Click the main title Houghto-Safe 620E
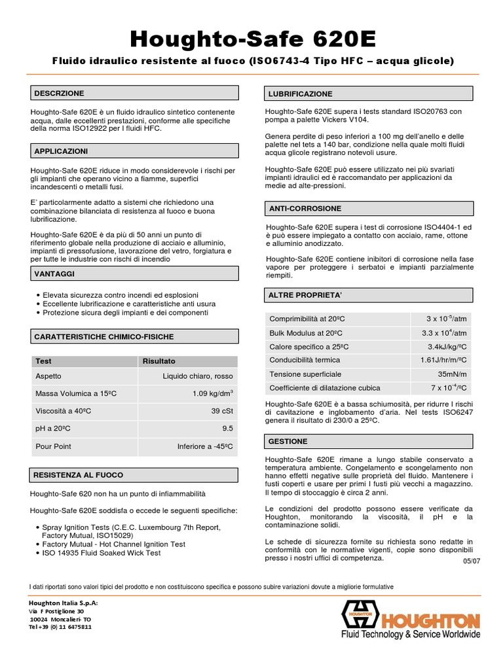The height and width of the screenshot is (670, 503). click(253, 39)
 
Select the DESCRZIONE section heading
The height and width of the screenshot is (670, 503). click(60, 94)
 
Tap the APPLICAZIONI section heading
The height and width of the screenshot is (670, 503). click(62, 151)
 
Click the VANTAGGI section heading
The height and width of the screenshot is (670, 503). click(54, 273)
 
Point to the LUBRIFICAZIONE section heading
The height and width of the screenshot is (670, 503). click(299, 94)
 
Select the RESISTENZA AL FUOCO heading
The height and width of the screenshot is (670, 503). click(79, 474)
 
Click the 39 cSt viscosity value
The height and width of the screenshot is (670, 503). click(221, 410)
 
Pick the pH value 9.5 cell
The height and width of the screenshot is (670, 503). click(227, 429)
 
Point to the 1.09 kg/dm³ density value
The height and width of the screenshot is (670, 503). click(213, 393)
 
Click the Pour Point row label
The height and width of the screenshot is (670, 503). click(53, 447)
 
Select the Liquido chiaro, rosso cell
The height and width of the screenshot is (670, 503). click(198, 376)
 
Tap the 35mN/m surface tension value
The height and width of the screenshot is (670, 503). click(452, 374)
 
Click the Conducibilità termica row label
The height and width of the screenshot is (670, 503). click(305, 360)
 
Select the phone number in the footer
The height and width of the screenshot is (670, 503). click(60, 626)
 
